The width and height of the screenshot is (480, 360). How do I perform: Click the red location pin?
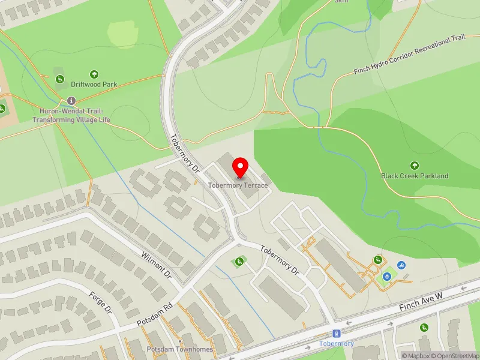240,167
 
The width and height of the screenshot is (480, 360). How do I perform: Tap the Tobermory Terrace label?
238,185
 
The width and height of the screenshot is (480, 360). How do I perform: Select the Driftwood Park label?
94,85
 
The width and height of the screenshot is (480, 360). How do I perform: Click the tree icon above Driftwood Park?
94,74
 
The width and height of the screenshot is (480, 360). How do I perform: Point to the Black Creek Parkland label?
414,176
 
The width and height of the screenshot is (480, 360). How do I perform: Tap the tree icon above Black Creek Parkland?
414,165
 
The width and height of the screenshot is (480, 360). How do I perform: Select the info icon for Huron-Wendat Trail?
71,100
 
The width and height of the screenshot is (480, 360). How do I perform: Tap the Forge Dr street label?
100,303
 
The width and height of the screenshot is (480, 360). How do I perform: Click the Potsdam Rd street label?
155,314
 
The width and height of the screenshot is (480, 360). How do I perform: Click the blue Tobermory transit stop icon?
336,334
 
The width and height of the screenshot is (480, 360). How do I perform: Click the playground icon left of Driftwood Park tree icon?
59,79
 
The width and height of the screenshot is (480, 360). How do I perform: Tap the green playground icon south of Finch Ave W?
424,328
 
